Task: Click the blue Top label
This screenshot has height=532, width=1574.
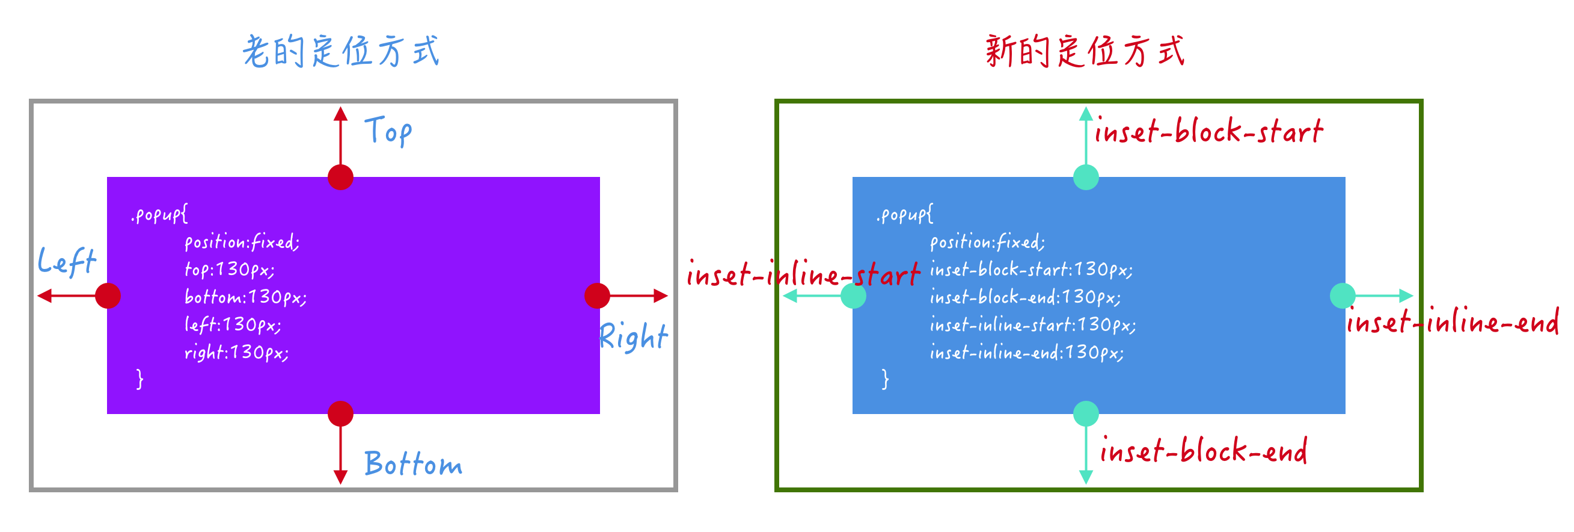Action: tap(388, 131)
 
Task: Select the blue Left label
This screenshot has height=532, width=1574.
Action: tap(67, 262)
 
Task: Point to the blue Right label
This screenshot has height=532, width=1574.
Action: tap(634, 337)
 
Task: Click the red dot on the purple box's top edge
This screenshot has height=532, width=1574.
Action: tap(340, 178)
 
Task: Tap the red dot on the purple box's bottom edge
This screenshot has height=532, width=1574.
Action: tap(340, 414)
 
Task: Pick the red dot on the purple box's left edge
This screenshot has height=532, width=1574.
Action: tap(108, 296)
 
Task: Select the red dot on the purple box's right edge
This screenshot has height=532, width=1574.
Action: tap(597, 296)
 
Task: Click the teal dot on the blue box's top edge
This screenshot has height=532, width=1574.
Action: tap(1086, 178)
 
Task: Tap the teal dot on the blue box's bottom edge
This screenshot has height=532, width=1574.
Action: tap(1086, 414)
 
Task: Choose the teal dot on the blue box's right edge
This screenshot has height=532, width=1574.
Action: tap(1343, 296)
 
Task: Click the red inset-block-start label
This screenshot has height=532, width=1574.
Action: tap(1208, 131)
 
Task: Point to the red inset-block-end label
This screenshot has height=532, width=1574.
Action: tap(1203, 451)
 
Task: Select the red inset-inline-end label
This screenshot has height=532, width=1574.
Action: tap(1453, 321)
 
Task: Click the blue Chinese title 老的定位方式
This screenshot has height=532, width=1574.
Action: tap(341, 51)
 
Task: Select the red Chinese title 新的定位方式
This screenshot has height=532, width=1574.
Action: tap(1085, 51)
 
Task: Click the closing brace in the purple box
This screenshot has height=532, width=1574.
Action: tap(140, 379)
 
